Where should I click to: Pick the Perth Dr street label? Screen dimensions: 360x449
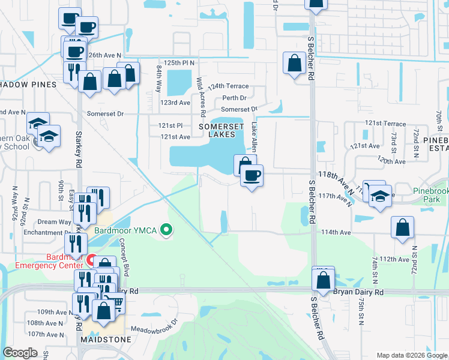(234, 98)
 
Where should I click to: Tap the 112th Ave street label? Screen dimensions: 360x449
(394, 259)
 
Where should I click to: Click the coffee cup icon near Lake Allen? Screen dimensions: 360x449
(252, 176)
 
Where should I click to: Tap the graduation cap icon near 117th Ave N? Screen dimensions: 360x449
(380, 197)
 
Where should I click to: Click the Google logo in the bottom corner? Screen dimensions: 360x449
(20, 353)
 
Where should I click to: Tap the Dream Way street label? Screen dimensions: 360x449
(55, 222)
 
